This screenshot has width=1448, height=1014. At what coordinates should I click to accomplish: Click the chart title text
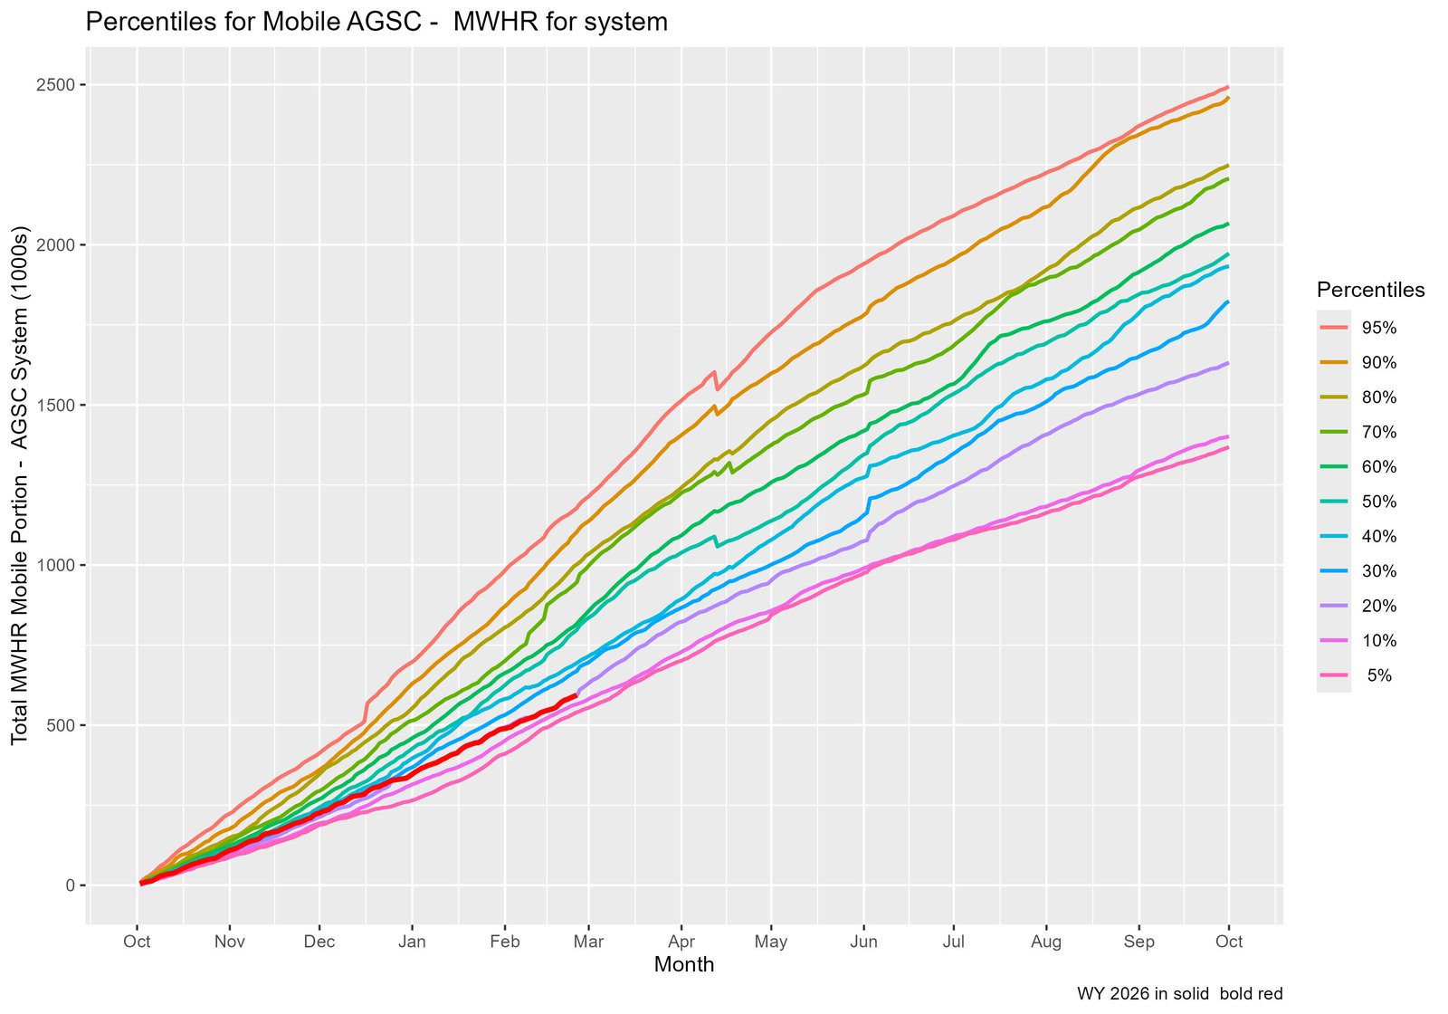(x=376, y=22)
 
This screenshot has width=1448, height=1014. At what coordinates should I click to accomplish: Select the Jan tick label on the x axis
(x=412, y=942)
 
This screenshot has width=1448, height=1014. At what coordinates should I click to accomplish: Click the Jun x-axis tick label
(x=864, y=942)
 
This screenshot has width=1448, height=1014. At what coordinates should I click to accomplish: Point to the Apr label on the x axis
(x=681, y=942)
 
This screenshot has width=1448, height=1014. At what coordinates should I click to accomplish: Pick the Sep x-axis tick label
(x=1138, y=942)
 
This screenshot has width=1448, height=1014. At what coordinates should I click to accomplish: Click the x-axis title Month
(x=683, y=965)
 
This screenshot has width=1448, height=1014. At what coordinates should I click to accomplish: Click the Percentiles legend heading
(x=1370, y=290)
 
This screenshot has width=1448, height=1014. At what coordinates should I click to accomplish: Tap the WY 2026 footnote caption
(x=1179, y=993)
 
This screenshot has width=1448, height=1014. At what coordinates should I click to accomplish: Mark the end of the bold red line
(x=576, y=694)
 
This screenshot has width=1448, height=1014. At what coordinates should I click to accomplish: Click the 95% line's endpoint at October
(x=1228, y=87)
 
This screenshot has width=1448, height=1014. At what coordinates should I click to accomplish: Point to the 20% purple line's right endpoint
(x=1228, y=363)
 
